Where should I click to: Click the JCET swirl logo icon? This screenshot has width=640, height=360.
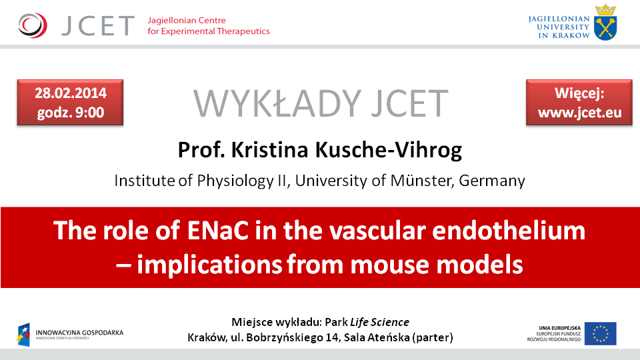tap(33, 25)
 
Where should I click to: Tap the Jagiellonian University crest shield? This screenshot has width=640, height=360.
tap(605, 27)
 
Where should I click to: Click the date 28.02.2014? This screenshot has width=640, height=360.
tap(71, 93)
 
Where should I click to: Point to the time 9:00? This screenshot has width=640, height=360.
tap(89, 112)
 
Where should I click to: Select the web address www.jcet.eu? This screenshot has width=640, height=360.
tap(579, 113)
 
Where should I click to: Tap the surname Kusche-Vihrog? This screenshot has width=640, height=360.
tap(389, 150)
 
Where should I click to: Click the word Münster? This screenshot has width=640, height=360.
tap(422, 181)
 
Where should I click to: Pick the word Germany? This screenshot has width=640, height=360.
tap(492, 181)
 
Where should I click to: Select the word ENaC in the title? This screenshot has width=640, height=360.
tap(218, 231)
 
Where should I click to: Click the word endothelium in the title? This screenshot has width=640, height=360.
tap(509, 231)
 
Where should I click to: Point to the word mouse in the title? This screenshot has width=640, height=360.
tap(389, 265)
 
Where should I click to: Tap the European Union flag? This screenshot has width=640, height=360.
tap(601, 333)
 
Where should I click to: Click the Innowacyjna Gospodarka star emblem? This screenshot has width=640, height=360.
tap(24, 335)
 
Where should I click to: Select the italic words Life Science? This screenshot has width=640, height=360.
tap(379, 322)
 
